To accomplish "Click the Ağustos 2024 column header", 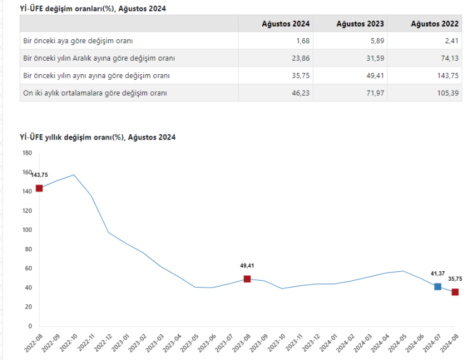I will click(286, 23).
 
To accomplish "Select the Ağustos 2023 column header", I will click(360, 23).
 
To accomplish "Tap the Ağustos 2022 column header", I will click(434, 23).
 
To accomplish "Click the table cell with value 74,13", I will click(450, 58).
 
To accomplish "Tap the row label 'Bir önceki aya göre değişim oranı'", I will click(78, 41).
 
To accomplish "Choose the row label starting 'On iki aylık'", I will click(94, 93).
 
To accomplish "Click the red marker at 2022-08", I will click(39, 188).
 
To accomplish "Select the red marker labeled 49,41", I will click(247, 279).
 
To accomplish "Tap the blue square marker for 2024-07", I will click(438, 286).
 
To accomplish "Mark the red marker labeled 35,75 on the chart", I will click(455, 292).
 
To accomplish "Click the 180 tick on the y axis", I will click(27, 153).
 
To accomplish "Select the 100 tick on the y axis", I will click(27, 229).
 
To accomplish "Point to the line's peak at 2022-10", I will click(74, 175).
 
